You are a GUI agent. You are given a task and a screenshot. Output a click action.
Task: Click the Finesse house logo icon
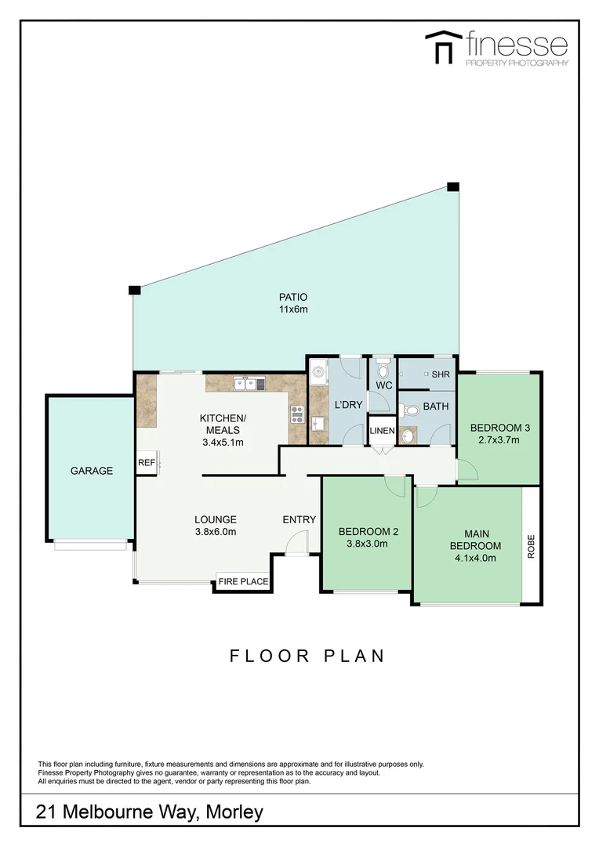pos(443,49)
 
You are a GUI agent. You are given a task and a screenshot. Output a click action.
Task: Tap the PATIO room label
pos(293,297)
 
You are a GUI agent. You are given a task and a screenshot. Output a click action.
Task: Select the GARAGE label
pos(92,471)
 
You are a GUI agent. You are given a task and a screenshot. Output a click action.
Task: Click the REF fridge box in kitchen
pos(147,463)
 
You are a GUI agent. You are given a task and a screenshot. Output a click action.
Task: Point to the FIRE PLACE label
pos(243,582)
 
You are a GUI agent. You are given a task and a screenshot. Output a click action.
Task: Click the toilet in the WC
pos(383,367)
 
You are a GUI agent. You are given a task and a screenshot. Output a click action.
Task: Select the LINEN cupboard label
pos(383,432)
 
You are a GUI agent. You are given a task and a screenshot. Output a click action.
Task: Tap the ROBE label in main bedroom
pos(531,546)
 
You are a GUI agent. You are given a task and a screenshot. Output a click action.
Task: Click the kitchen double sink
pos(249,383)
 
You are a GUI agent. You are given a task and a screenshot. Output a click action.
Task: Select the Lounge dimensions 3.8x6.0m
pos(216,532)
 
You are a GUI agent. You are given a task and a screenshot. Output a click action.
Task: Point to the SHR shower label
pos(441,374)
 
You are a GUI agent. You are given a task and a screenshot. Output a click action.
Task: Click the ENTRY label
pos(299,519)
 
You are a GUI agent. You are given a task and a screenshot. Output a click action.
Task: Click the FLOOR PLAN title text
pos(307,656)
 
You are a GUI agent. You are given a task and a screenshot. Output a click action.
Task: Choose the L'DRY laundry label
pos(348,405)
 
